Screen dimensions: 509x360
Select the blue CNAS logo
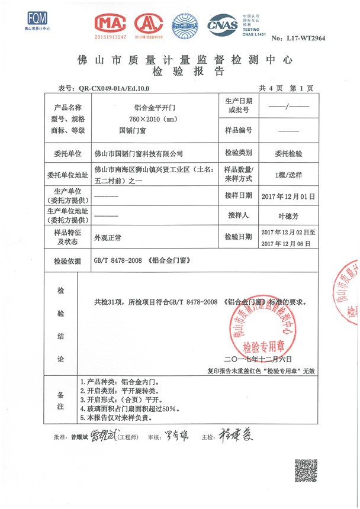(221, 25)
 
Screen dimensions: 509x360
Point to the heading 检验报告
(181, 72)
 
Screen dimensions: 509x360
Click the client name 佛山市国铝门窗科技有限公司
(139, 153)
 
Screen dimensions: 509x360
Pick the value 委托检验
(288, 153)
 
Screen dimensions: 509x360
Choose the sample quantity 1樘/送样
(288, 176)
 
